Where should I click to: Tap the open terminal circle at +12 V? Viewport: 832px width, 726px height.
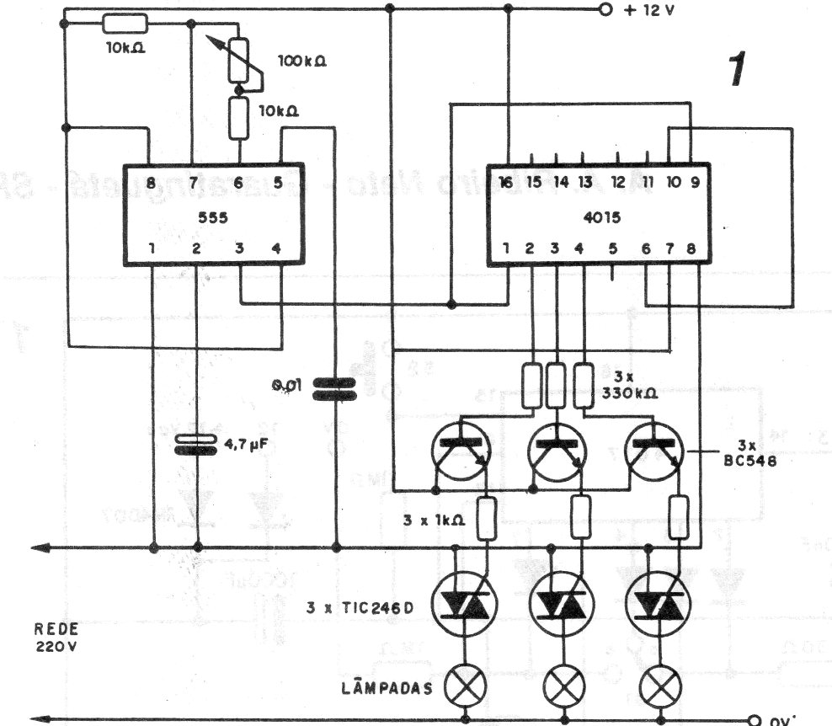(604, 10)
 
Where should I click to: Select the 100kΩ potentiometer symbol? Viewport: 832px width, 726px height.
(241, 62)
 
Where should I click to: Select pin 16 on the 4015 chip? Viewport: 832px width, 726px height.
(504, 182)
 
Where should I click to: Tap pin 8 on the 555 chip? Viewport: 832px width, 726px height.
(150, 182)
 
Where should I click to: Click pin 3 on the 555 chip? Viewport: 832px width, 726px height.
(240, 249)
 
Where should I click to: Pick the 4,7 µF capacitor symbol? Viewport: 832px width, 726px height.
(195, 444)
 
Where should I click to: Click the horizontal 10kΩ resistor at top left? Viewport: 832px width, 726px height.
(123, 23)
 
